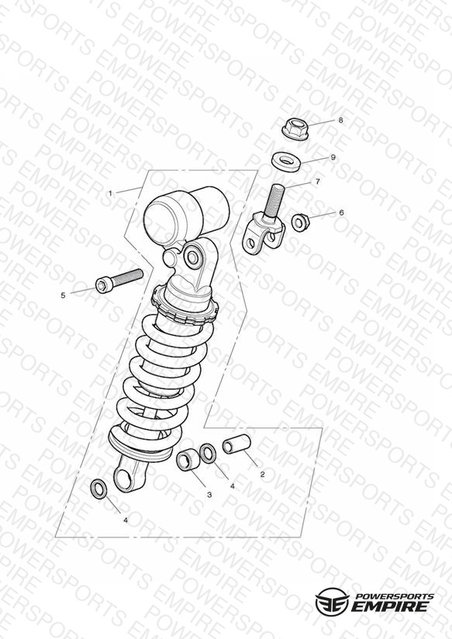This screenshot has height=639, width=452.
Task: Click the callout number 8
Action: tap(340, 120)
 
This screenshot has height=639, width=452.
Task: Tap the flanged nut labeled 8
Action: tap(295, 129)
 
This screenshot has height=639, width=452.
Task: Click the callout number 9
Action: tap(333, 157)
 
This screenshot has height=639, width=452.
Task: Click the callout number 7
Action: tap(318, 181)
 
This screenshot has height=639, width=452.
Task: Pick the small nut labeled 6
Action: tap(301, 221)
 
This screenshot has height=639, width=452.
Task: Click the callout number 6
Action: tap(341, 212)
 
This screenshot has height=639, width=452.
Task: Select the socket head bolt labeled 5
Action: tap(119, 280)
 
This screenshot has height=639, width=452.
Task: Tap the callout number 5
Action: tap(63, 295)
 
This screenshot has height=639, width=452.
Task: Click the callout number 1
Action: tap(110, 193)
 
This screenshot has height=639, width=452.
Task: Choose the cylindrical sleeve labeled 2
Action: tap(236, 444)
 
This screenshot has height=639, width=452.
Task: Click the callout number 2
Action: tap(262, 475)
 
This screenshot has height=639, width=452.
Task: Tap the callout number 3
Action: tap(209, 495)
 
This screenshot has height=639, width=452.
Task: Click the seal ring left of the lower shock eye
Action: tap(98, 489)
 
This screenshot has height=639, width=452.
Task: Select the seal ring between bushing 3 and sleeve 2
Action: tap(208, 454)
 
